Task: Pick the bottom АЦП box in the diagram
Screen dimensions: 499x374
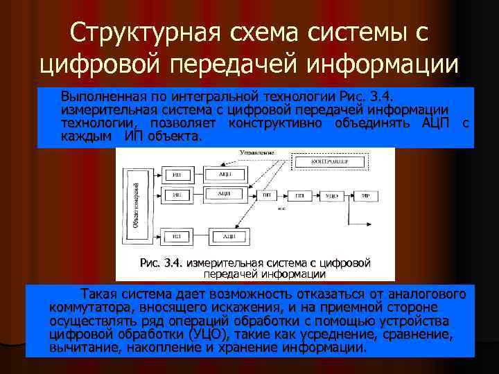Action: [228, 237]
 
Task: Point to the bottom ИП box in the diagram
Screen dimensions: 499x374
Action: [177, 237]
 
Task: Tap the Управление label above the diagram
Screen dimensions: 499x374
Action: [256, 152]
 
